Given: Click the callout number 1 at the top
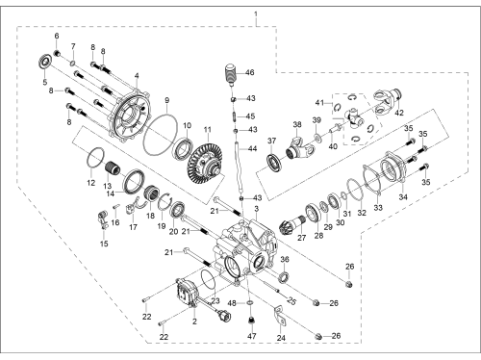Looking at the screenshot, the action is tap(256, 14).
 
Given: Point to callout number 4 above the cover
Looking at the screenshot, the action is tap(137, 76).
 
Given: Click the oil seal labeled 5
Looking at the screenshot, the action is tap(46, 63).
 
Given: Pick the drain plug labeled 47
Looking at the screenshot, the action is tap(251, 320).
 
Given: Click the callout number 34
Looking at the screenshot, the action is tap(403, 196).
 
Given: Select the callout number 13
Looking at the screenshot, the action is tap(107, 186).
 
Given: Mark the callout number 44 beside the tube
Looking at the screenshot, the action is tap(252, 148).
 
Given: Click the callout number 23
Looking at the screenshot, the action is tap(215, 301).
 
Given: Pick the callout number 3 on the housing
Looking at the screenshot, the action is tap(256, 209).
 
